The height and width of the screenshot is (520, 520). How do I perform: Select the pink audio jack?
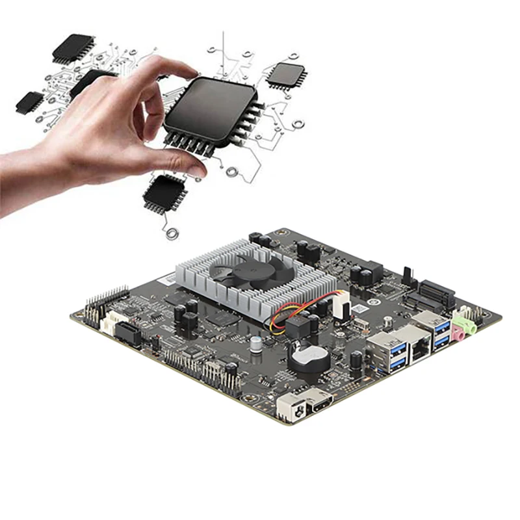[x=458, y=334]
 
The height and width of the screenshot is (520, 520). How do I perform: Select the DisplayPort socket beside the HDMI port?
[x=290, y=409]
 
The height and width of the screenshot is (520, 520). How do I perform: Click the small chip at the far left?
[x=29, y=101]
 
